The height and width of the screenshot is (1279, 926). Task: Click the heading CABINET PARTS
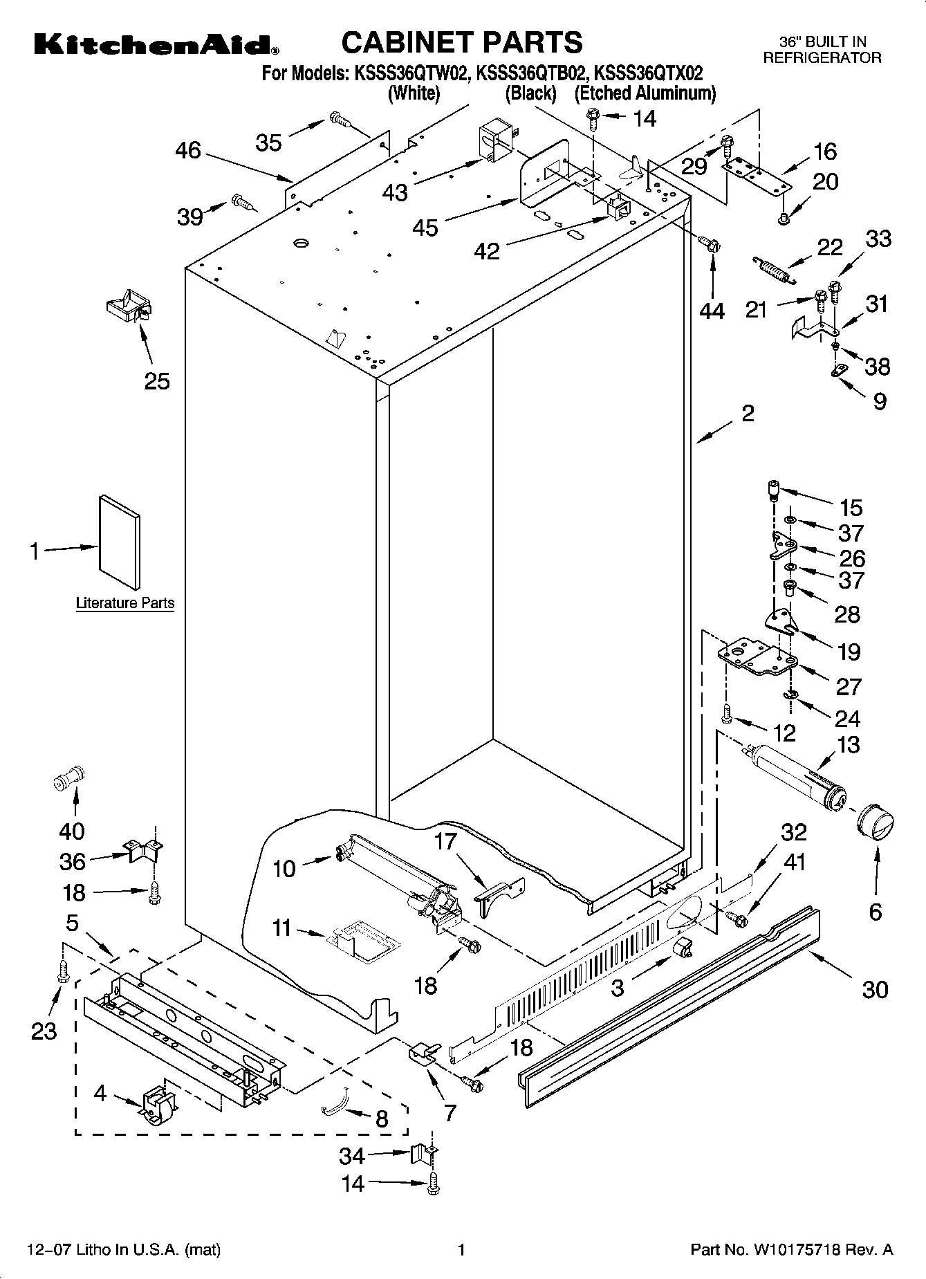pyautogui.click(x=462, y=43)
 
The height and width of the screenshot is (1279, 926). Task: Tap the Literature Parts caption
pyautogui.click(x=125, y=603)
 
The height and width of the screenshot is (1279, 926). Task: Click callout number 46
pyautogui.click(x=187, y=150)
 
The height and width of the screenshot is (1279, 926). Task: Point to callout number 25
pyautogui.click(x=157, y=380)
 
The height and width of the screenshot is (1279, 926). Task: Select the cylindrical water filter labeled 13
pyautogui.click(x=798, y=773)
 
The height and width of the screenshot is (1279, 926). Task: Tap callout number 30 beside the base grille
pyautogui.click(x=874, y=990)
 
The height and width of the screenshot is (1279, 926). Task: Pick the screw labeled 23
pyautogui.click(x=63, y=973)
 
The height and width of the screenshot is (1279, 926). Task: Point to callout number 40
pyautogui.click(x=72, y=831)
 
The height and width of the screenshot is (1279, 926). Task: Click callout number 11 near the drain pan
pyautogui.click(x=282, y=928)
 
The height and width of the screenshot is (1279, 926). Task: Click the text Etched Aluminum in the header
pyautogui.click(x=645, y=93)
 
